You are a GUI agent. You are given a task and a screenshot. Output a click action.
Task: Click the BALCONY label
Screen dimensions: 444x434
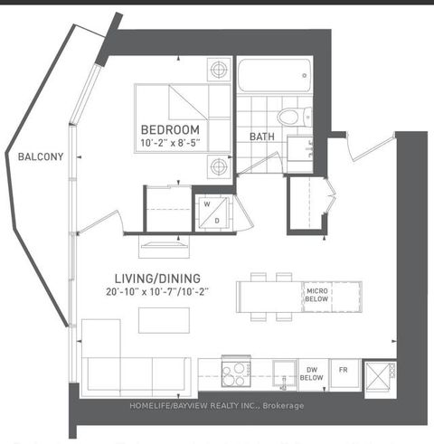[x=41, y=156]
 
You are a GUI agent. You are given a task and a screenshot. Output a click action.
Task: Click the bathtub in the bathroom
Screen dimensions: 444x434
[x=274, y=75]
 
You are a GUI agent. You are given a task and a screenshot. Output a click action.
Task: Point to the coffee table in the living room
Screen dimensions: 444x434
[x=164, y=320]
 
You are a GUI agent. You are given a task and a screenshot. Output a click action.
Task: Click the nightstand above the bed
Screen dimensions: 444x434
[x=217, y=70]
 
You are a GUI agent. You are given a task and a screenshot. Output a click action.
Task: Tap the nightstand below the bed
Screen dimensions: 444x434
[x=217, y=165]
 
